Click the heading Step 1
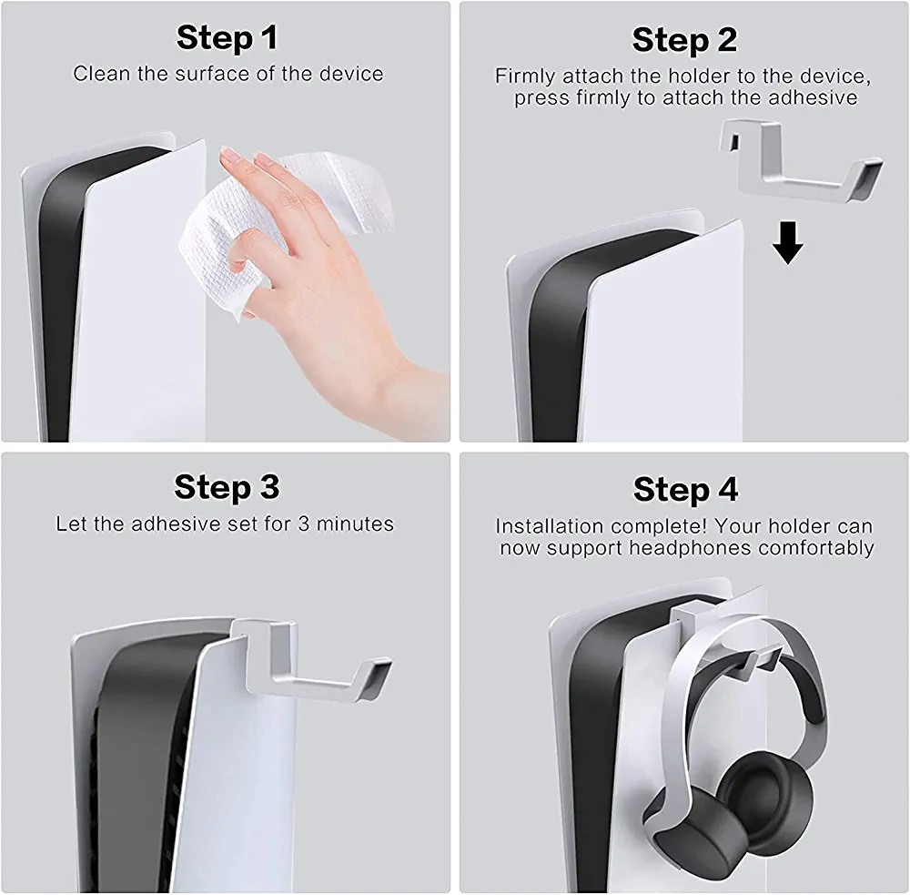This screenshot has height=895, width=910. click(227, 37)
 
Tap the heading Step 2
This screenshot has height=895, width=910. click(684, 40)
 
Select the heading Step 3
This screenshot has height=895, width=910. click(227, 487)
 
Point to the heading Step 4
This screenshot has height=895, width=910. click(685, 490)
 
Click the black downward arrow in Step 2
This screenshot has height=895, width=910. click(787, 243)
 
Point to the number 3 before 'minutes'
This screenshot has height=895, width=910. click(304, 524)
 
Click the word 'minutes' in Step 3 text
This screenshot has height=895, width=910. click(355, 524)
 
